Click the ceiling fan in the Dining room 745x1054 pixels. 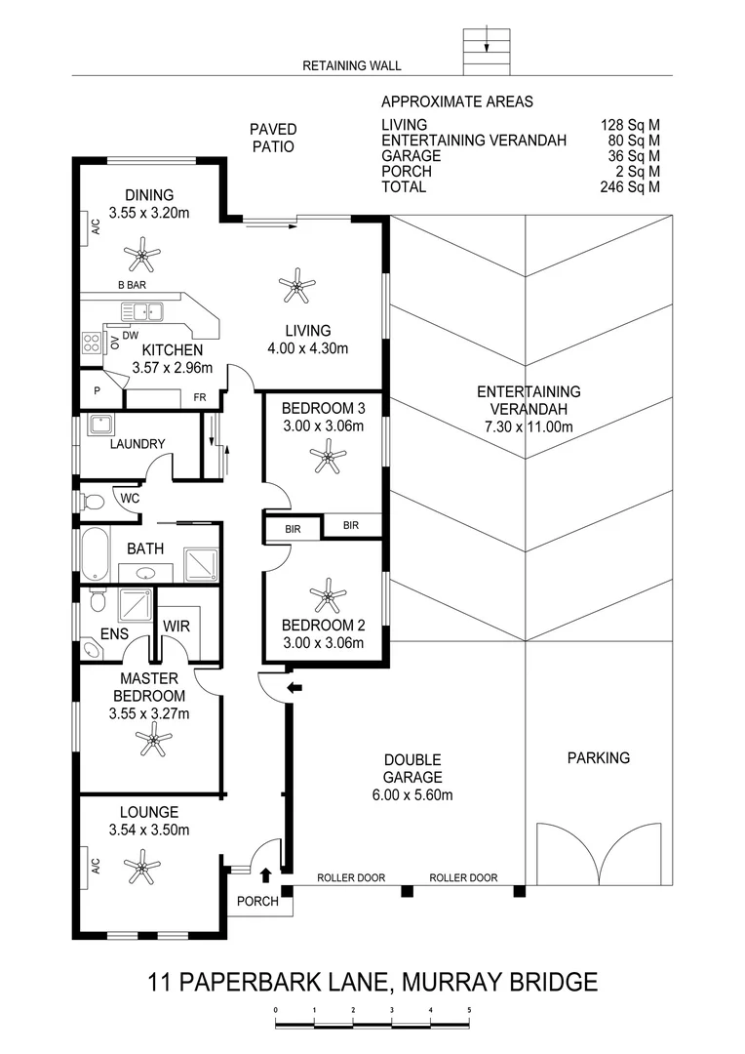142,258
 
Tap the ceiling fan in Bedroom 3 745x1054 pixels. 327,457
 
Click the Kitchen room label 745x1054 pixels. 173,350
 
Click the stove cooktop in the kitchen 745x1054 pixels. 93,343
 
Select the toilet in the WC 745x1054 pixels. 94,503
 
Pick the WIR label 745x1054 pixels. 176,625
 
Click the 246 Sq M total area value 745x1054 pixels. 630,186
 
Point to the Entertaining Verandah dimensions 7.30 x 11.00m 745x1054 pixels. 529,426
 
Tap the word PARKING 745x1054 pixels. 599,757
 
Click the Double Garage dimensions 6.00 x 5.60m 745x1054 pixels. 412,794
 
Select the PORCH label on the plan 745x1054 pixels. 257,901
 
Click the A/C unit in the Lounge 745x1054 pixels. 96,866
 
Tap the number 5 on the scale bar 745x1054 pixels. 469,1010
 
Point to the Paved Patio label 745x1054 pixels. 273,138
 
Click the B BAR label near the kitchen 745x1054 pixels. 132,285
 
